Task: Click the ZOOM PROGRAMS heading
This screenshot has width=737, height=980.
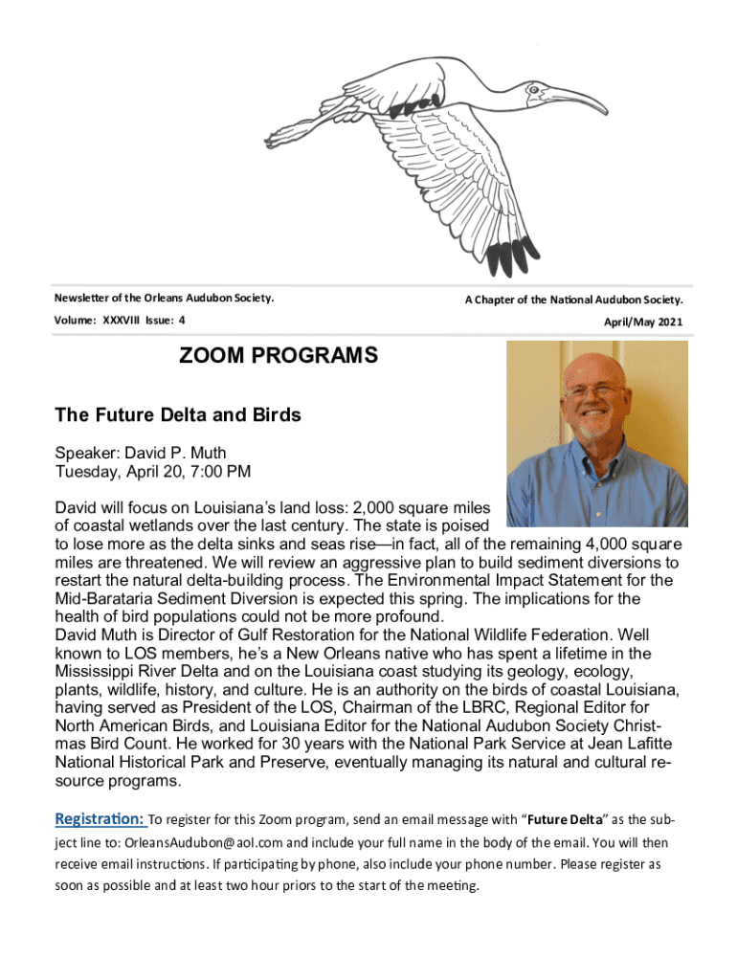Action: (x=279, y=357)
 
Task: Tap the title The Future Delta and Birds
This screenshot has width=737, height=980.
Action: (x=178, y=415)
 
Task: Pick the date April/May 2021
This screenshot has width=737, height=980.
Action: (x=642, y=323)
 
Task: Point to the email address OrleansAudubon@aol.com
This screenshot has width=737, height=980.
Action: (x=203, y=843)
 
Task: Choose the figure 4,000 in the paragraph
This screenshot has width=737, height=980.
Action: (x=604, y=544)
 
